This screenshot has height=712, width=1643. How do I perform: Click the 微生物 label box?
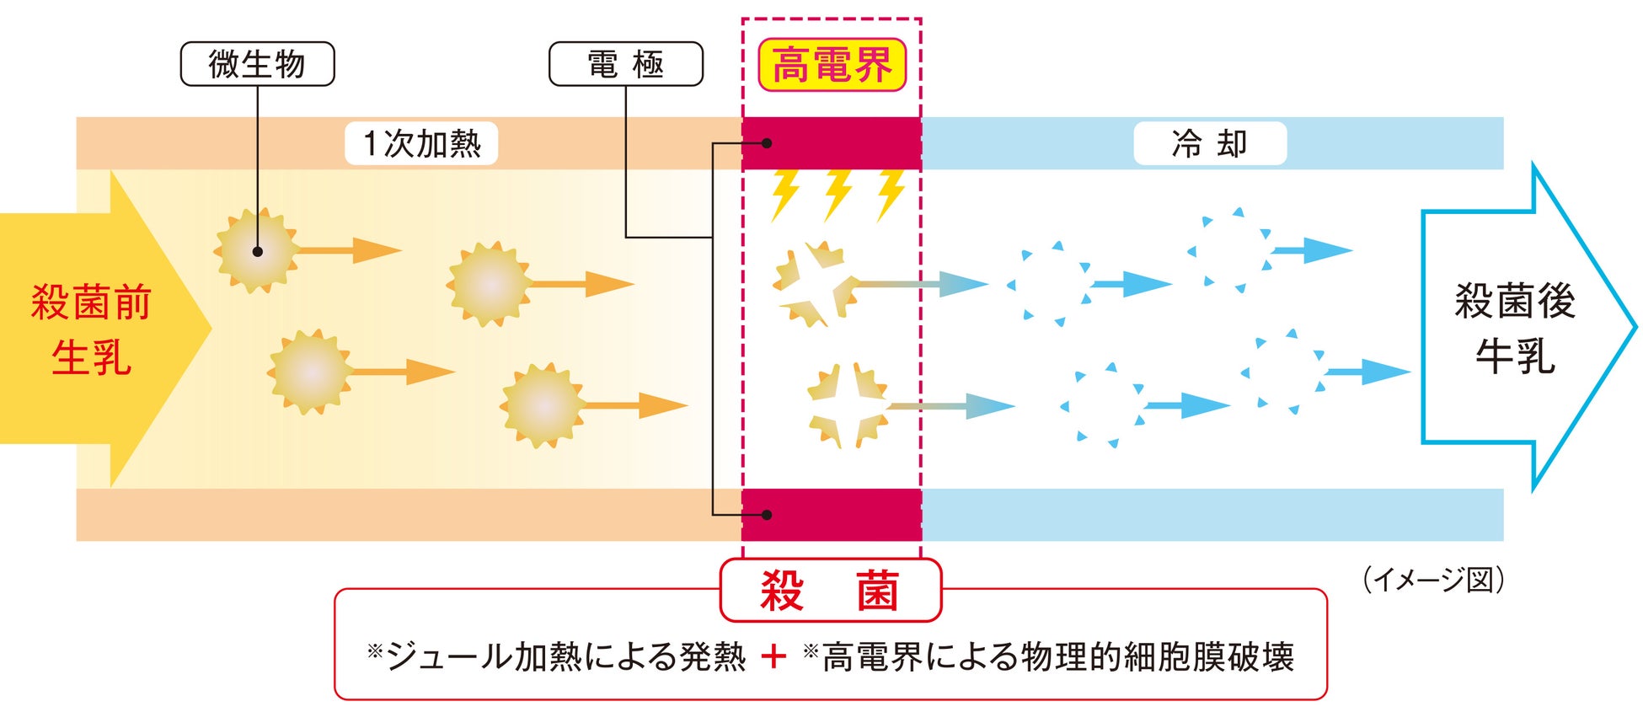coord(257,64)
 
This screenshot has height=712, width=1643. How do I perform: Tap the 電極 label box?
coord(625,64)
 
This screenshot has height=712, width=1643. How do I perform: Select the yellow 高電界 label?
coord(832,65)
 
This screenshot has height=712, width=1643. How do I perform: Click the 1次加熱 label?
coord(421,143)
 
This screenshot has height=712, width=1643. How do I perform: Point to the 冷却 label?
coord(1209,143)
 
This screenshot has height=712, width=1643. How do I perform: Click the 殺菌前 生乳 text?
coord(91,329)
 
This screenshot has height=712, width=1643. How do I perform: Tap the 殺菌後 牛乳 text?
coord(1514,329)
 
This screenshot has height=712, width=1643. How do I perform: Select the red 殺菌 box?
coord(830,590)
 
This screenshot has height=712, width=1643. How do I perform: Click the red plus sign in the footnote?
coord(773,656)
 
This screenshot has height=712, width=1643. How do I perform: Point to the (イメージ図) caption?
coord(1433,580)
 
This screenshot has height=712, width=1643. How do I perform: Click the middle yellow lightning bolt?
coord(838,194)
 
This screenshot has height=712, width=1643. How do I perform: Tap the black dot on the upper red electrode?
coord(767,143)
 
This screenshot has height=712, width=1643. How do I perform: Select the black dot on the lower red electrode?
coord(767,514)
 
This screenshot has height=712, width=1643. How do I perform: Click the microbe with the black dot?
coord(257,251)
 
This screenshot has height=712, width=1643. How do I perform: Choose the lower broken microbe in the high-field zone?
coord(847,405)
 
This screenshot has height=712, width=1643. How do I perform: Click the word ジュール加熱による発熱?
coord(565,656)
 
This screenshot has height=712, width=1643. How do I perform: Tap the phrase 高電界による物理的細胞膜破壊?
coord(1057,656)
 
